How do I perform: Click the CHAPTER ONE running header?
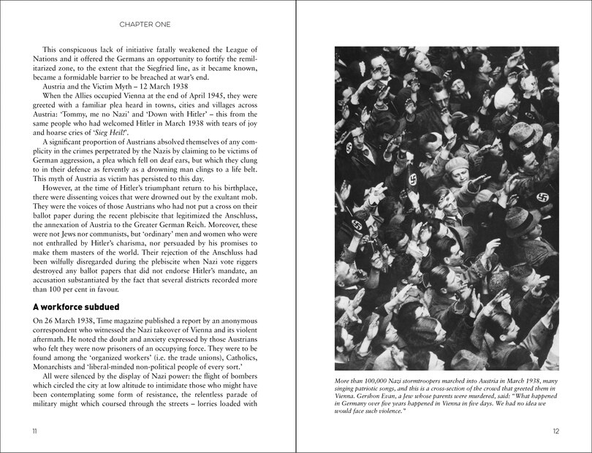click(145, 24)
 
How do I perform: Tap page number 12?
click(555, 430)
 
